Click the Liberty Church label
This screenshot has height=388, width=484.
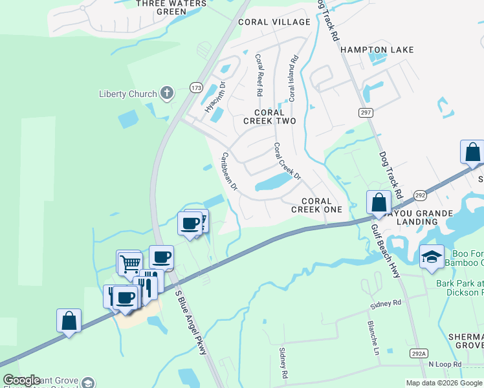[127, 94]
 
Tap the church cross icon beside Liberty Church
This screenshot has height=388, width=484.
[167, 93]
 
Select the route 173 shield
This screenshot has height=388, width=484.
[195, 87]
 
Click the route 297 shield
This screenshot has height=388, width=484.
[366, 113]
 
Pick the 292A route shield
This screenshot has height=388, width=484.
[419, 353]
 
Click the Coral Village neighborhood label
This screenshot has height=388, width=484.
[274, 22]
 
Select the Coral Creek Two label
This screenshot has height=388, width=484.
[269, 116]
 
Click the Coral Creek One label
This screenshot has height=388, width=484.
[316, 204]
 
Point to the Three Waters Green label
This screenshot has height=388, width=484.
[171, 7]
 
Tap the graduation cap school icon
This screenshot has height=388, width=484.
[432, 257]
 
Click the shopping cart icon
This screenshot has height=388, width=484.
[130, 263]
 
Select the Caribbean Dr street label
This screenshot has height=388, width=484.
[229, 171]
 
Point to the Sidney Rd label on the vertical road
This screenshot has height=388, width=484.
[283, 363]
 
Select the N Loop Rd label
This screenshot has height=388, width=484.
[445, 364]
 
